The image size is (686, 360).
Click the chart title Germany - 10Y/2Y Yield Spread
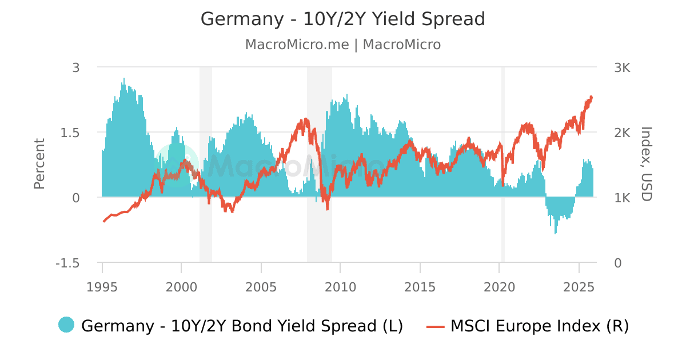coord(342,19)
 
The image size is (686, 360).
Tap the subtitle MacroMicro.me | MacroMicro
coord(342,45)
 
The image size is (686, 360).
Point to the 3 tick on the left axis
coord(76,67)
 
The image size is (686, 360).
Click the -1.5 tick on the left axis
coord(67,263)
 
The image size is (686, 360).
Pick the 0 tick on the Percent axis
coord(76,198)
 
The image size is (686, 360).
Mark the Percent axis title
coord(39,164)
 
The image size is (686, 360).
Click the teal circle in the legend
coord(66,325)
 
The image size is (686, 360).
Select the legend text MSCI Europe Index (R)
coord(539,326)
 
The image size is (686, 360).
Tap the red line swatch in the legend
coord(436,326)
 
